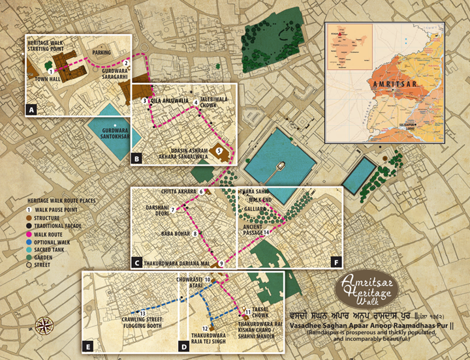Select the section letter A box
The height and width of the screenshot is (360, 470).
click(x=31, y=110)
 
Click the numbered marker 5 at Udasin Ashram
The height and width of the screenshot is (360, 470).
click(x=219, y=151)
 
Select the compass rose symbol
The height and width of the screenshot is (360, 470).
click(x=45, y=324)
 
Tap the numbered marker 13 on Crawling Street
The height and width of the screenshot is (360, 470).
click(x=142, y=313)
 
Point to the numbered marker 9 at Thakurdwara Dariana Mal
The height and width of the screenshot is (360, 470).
click(x=221, y=263)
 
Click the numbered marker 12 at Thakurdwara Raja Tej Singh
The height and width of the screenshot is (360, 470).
click(x=205, y=328)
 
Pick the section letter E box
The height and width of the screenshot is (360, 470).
click(x=88, y=346)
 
